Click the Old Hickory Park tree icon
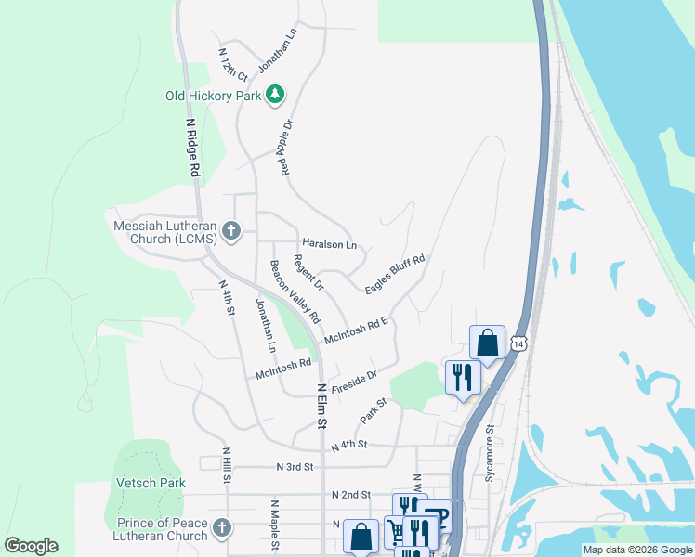(275, 95)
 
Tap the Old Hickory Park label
(213, 96)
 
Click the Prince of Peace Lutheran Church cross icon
(221, 528)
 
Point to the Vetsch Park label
(150, 483)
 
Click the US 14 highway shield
(520, 343)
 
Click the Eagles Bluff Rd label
(395, 276)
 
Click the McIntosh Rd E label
(355, 331)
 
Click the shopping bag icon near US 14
(487, 343)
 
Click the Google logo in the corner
(31, 546)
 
